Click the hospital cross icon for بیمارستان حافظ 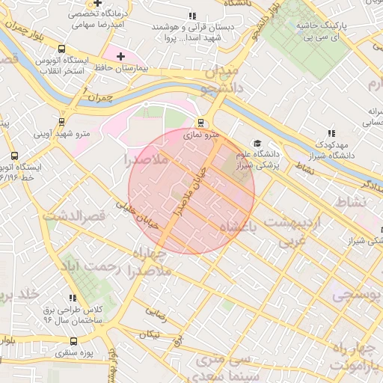[x=120, y=56]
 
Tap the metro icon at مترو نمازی [x=200, y=123]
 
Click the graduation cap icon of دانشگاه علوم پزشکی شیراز [x=257, y=143]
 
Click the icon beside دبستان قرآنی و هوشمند [x=192, y=15]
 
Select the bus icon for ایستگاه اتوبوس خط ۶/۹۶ [x=14, y=156]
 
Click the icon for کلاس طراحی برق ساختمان [x=73, y=298]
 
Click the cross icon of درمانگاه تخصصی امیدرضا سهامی [x=96, y=4]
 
